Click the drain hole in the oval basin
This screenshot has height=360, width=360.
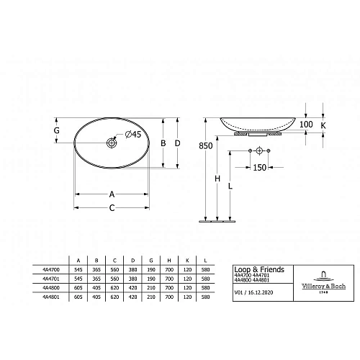click(x=113, y=143)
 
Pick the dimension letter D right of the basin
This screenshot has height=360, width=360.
click(x=178, y=143)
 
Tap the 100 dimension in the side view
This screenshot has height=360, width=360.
click(x=307, y=125)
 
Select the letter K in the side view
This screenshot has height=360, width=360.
click(x=323, y=125)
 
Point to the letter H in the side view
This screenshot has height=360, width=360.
click(x=217, y=179)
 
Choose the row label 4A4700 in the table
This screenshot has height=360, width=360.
click(x=51, y=269)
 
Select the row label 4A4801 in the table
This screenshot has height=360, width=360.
click(x=51, y=296)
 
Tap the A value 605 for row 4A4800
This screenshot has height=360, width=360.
click(x=77, y=287)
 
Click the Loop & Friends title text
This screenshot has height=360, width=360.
click(x=259, y=269)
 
